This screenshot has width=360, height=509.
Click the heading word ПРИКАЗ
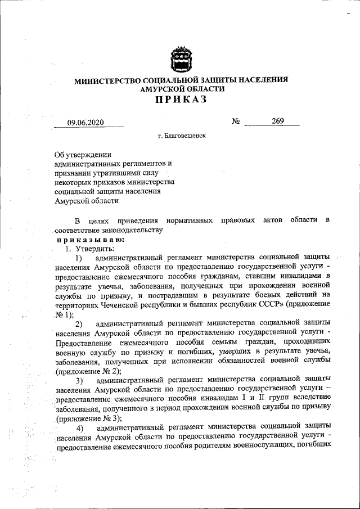click(x=181, y=100)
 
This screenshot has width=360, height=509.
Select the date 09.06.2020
click(x=87, y=123)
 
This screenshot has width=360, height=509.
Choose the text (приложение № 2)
click(x=87, y=372)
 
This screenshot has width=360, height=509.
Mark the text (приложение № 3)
click(x=87, y=419)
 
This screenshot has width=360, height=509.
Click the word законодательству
click(x=132, y=230)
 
